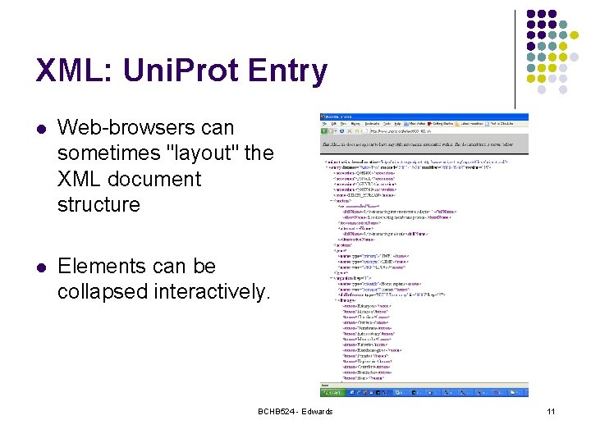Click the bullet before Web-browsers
(x=42, y=129)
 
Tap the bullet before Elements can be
(x=42, y=267)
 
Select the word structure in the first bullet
(x=98, y=204)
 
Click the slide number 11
(x=552, y=411)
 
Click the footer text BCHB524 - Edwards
(x=295, y=411)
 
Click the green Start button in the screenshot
(x=331, y=393)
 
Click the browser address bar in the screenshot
(x=410, y=130)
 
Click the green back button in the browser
(x=325, y=130)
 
